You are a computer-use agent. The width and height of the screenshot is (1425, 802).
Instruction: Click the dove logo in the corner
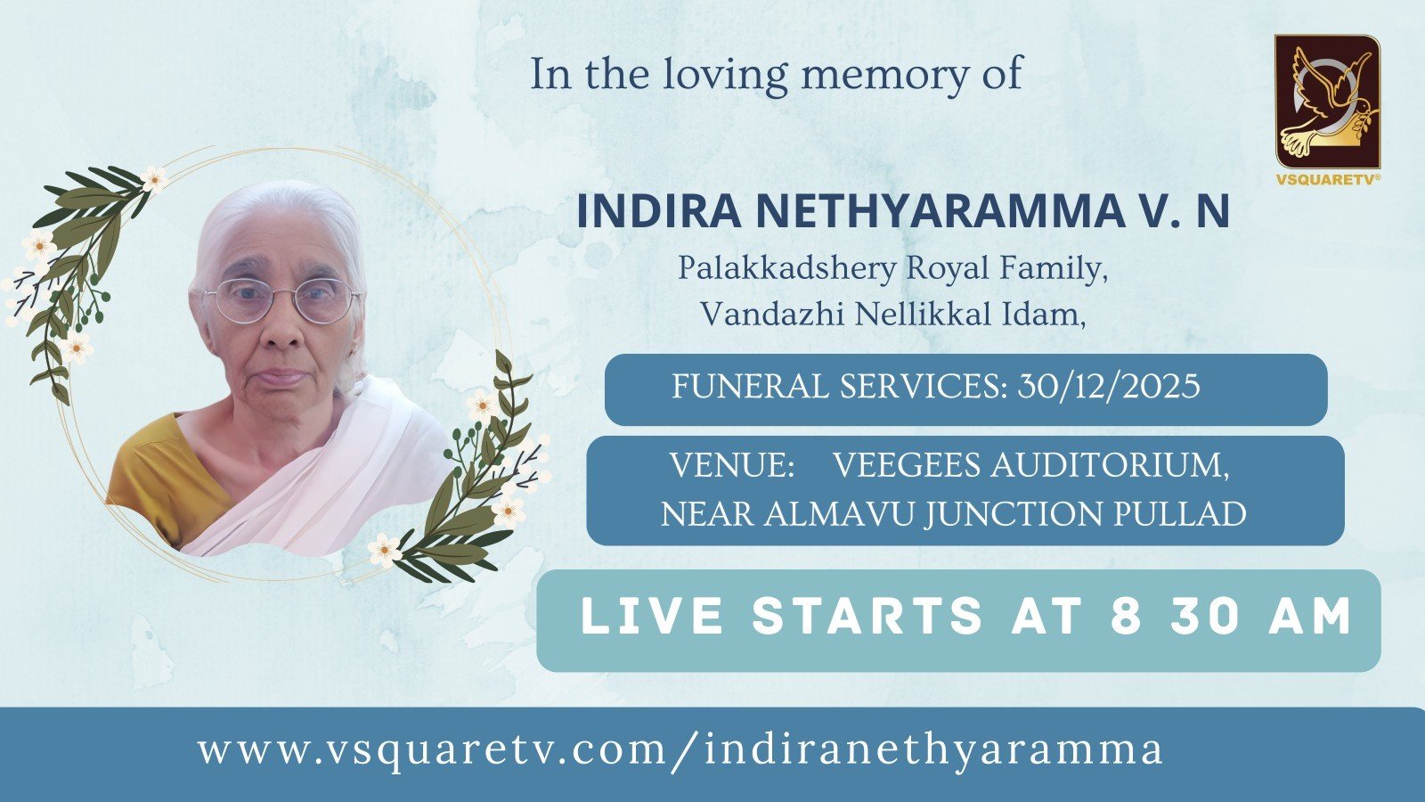click(x=1328, y=102)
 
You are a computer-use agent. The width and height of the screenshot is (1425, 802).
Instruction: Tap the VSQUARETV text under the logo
click(x=1328, y=180)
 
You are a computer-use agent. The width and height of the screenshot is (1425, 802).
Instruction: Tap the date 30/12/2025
click(x=1109, y=386)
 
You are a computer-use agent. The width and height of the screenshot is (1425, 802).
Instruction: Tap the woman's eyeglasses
click(x=281, y=299)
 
